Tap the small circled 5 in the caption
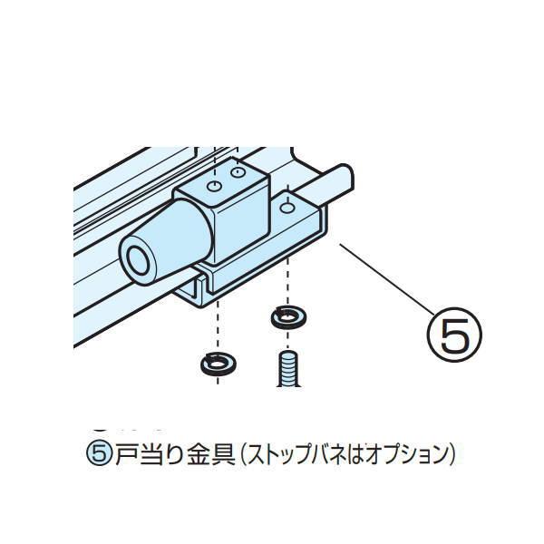pyautogui.click(x=102, y=451)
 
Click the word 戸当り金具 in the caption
pyautogui.click(x=171, y=451)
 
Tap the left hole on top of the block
pyautogui.click(x=215, y=186)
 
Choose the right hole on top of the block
pyautogui.click(x=238, y=172)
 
